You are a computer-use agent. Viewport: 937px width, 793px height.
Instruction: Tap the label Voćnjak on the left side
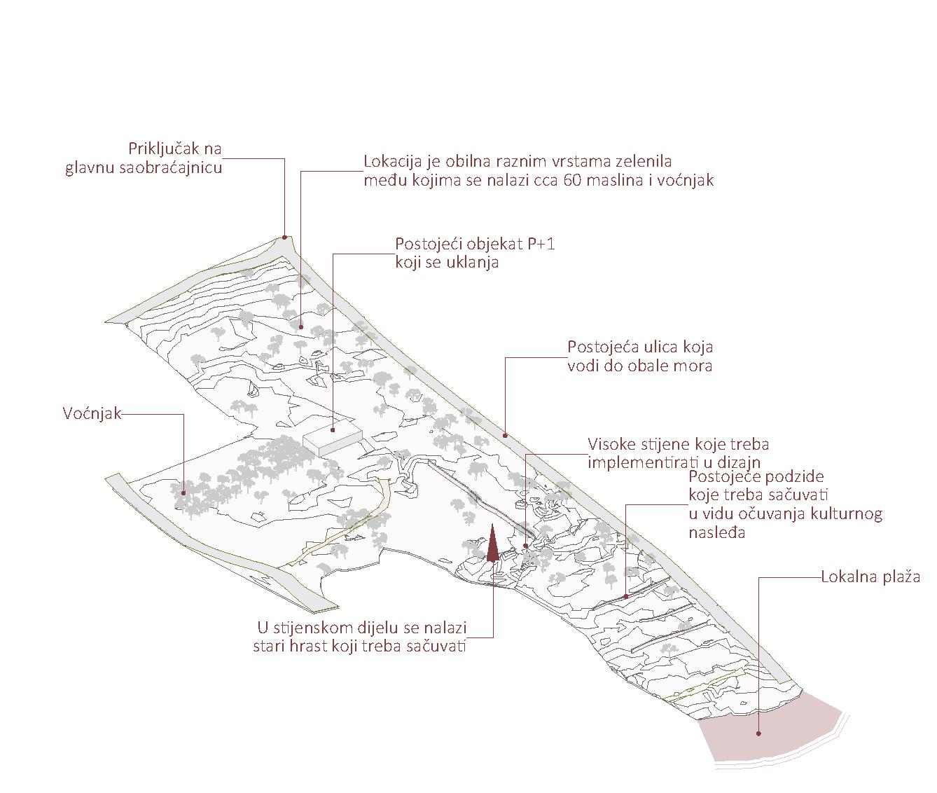(x=92, y=414)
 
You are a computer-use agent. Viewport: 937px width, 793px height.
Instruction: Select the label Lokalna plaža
(x=870, y=578)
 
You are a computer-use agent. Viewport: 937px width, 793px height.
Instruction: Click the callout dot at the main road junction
(x=284, y=237)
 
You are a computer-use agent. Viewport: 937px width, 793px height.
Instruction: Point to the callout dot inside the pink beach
(x=758, y=734)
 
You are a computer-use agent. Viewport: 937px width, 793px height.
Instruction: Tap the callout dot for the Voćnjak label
(x=183, y=492)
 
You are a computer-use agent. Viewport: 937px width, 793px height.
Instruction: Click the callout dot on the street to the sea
(x=506, y=436)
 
